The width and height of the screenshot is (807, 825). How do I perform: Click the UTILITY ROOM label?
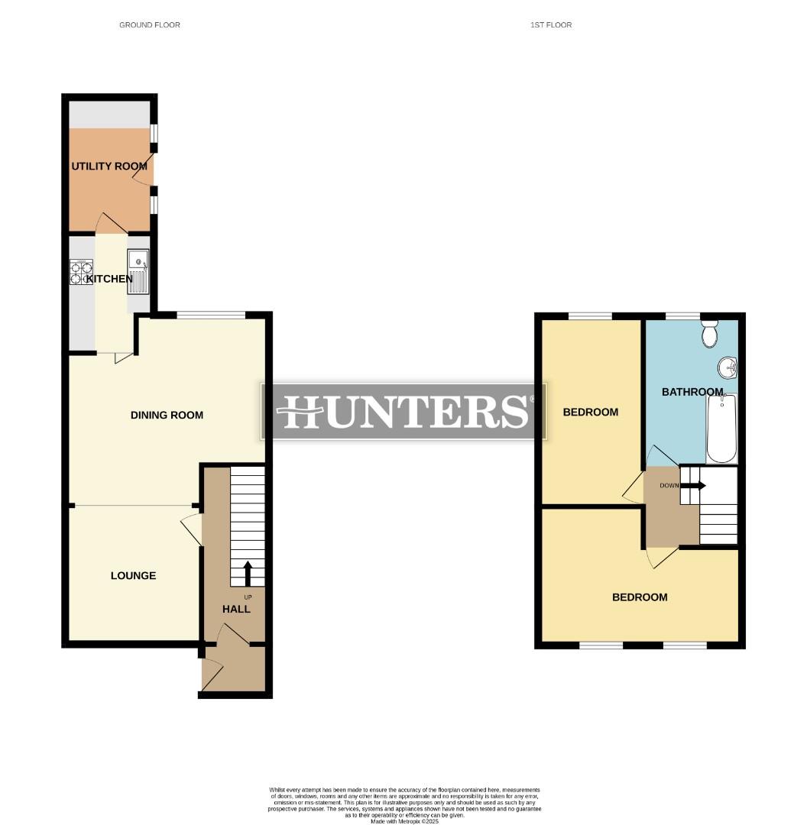tap(109, 166)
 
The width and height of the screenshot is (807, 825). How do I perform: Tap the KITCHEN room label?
tap(109, 279)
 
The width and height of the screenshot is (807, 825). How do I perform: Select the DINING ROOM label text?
tap(167, 415)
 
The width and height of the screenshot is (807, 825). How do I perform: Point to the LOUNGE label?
tap(133, 575)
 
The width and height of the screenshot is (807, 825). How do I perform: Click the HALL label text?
tap(236, 609)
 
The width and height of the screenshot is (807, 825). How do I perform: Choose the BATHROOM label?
tap(692, 392)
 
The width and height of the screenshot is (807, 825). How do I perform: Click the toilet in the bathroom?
tap(710, 333)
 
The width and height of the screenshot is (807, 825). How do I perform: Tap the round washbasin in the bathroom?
tap(728, 368)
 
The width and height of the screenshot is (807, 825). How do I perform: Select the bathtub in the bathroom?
tap(721, 428)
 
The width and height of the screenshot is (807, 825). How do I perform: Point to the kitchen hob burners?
tap(81, 273)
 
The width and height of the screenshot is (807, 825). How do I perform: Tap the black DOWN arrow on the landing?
tap(696, 485)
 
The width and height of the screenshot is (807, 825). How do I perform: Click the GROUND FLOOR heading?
tap(150, 25)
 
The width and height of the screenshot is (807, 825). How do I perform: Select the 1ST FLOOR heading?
tap(551, 25)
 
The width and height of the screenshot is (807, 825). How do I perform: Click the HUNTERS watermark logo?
tap(403, 411)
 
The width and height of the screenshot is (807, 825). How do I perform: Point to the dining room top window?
tap(211, 315)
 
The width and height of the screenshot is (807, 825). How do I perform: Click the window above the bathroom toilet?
tap(682, 315)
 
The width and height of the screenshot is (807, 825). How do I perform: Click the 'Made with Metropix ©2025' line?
tap(405, 821)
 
